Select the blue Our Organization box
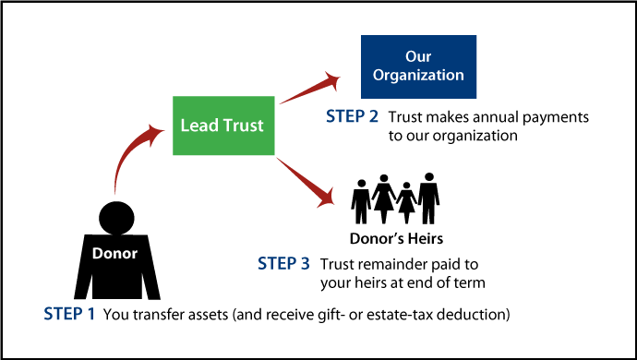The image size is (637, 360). (x=418, y=66)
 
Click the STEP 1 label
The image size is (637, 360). (x=69, y=314)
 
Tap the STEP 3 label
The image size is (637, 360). (x=284, y=264)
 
